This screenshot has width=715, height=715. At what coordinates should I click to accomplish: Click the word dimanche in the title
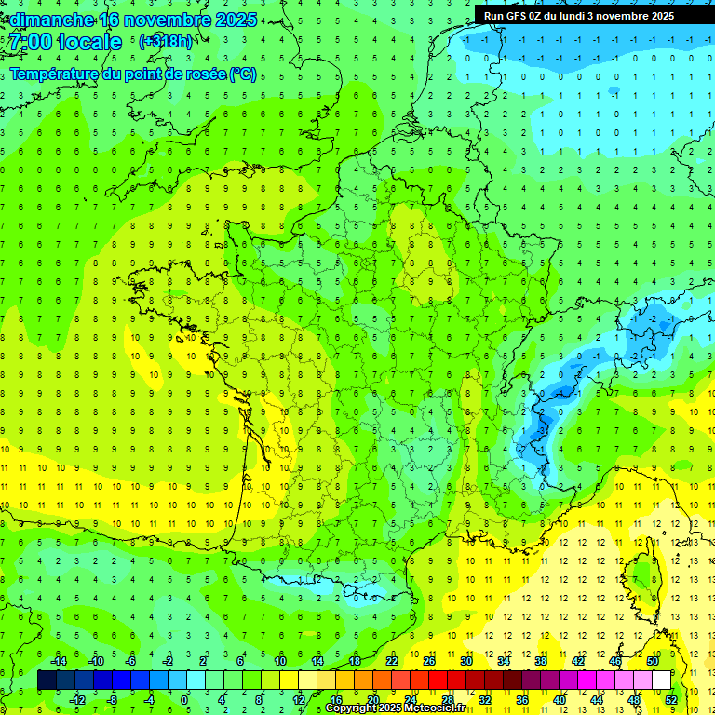tap(50, 19)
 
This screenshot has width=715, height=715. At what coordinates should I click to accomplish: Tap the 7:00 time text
tap(30, 42)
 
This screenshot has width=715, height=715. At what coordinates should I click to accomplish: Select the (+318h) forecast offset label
tap(167, 42)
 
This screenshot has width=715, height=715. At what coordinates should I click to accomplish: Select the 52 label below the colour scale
tap(671, 700)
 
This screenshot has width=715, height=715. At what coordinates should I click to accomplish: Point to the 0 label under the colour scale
tap(184, 700)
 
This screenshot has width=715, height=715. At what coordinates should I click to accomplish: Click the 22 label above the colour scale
tap(392, 661)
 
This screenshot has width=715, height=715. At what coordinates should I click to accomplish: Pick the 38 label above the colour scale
tap(540, 661)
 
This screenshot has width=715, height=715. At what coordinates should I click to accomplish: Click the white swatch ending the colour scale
tap(661, 681)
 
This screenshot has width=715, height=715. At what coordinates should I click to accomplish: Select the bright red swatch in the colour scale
tap(438, 681)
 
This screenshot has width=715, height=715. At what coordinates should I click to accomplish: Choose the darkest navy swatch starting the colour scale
tap(47, 681)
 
